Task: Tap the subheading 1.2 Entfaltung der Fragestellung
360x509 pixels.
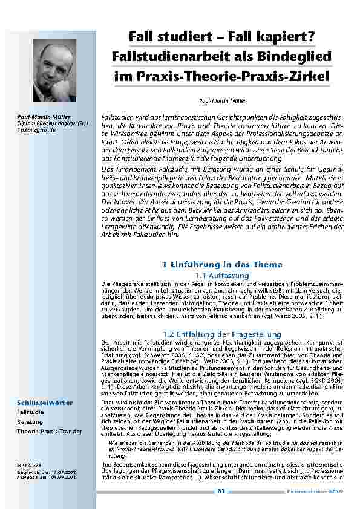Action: tap(222, 334)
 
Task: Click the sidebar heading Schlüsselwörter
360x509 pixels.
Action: tap(45, 402)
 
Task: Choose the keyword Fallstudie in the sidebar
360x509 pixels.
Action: tap(30, 412)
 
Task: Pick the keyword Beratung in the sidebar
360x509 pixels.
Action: tap(30, 421)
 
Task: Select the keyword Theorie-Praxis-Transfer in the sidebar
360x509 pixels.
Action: tap(50, 432)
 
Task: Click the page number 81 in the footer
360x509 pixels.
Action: tap(221, 491)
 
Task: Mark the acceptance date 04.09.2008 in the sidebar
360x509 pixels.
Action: tap(63, 476)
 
